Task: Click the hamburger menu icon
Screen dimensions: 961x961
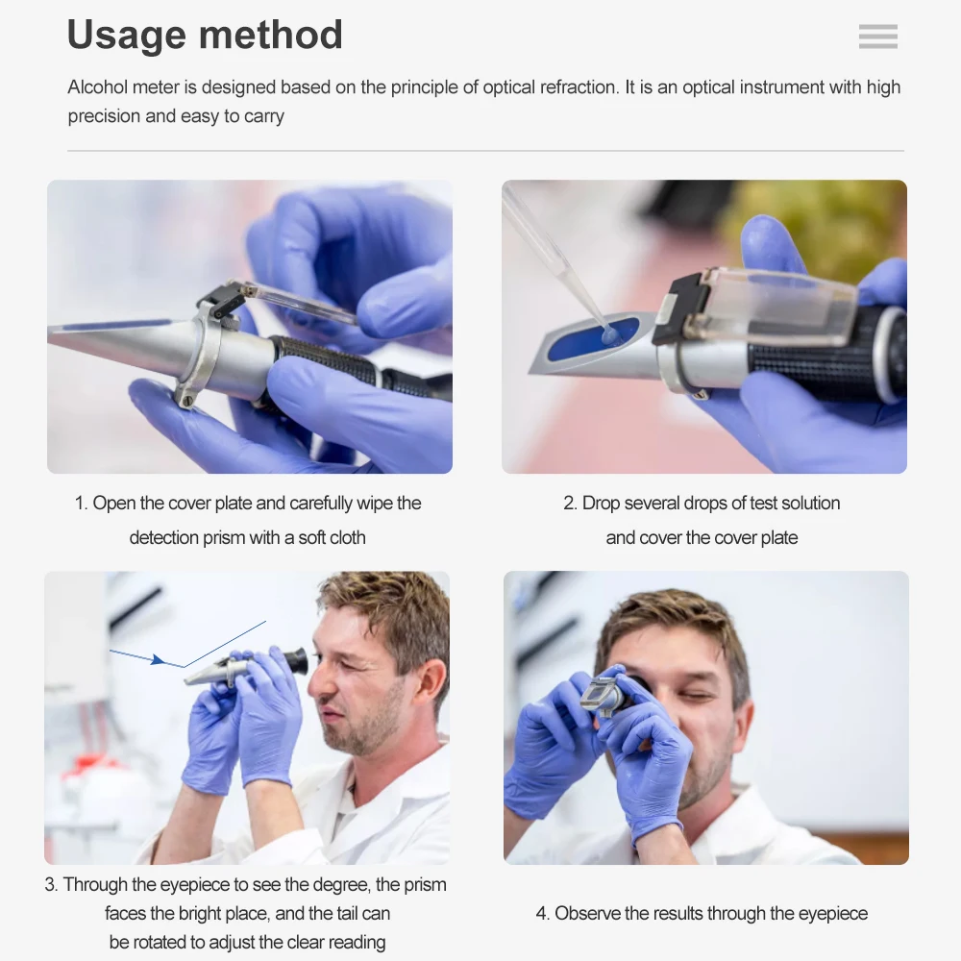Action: coord(877,37)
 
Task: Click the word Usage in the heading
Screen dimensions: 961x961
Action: coord(126,36)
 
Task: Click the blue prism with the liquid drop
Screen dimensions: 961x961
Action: coord(594,338)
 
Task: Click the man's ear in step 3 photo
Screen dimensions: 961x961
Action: coord(430,679)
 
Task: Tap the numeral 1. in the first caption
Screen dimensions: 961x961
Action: coord(82,504)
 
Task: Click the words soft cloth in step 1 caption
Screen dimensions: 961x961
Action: coord(332,538)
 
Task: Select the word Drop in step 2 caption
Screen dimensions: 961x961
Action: coord(601,504)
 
